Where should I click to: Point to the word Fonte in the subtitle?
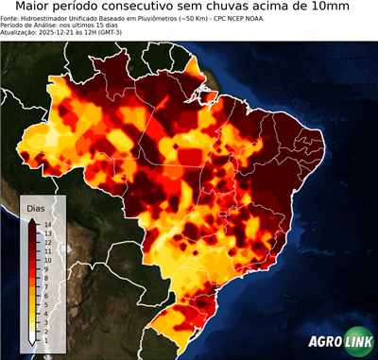point(12,18)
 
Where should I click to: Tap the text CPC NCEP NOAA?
point(233,18)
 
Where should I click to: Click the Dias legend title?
point(36,207)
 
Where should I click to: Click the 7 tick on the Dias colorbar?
point(44,280)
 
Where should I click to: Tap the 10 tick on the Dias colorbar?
point(45,256)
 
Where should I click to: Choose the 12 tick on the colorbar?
point(45,240)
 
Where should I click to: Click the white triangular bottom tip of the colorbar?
point(33,336)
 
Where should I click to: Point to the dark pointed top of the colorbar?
point(33,220)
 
